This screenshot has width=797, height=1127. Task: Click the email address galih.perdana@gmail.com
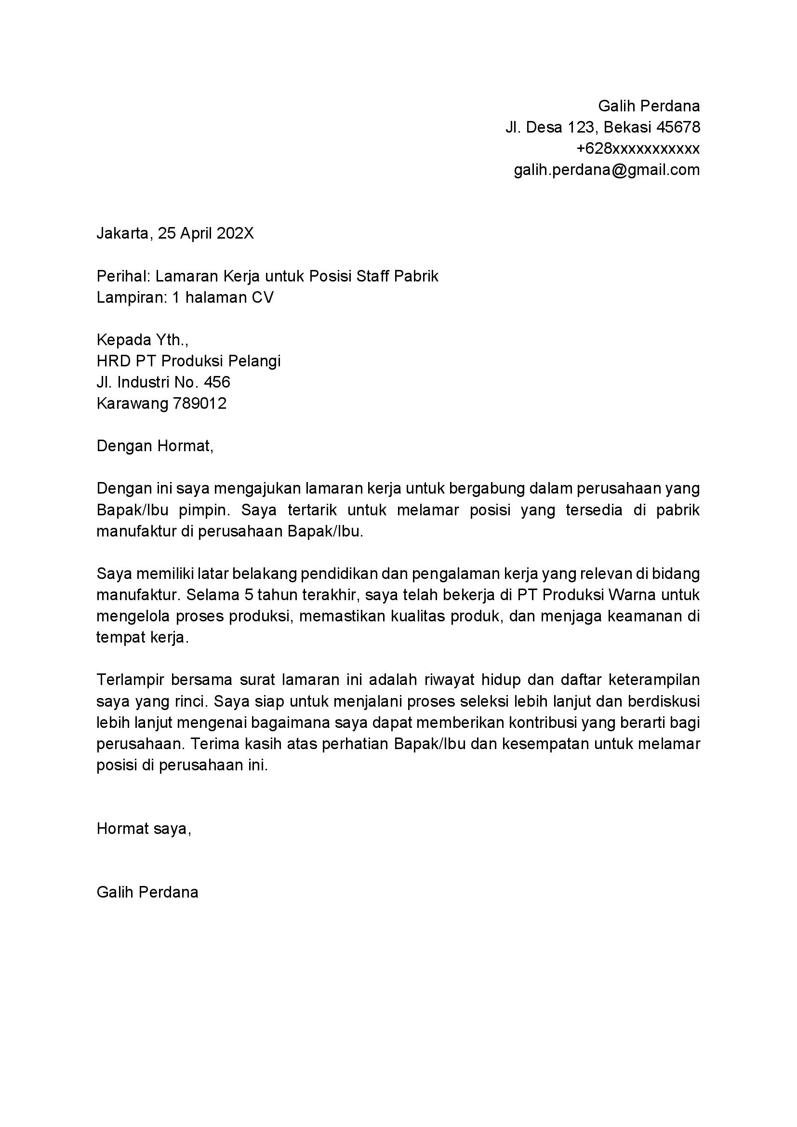(x=607, y=170)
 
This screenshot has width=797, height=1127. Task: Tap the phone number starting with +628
(x=638, y=148)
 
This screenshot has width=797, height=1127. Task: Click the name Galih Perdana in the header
(x=649, y=106)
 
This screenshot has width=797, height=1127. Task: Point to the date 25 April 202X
(x=206, y=233)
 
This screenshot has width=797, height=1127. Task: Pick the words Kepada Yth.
(x=142, y=340)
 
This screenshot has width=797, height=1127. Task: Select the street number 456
(x=217, y=382)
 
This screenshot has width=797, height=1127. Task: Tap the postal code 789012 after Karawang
(x=200, y=403)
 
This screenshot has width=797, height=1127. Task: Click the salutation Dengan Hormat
(x=155, y=446)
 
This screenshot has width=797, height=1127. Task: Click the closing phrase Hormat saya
(x=143, y=829)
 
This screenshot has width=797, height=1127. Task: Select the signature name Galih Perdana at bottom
(x=147, y=892)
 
